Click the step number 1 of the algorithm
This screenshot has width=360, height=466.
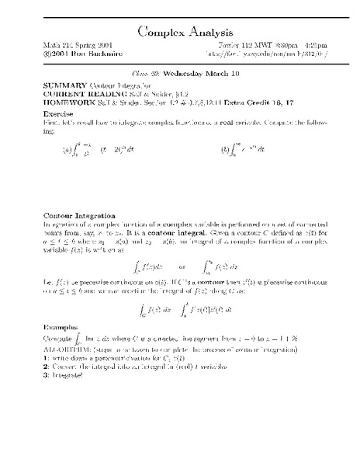[46, 356]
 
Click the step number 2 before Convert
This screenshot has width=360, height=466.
[46, 366]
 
